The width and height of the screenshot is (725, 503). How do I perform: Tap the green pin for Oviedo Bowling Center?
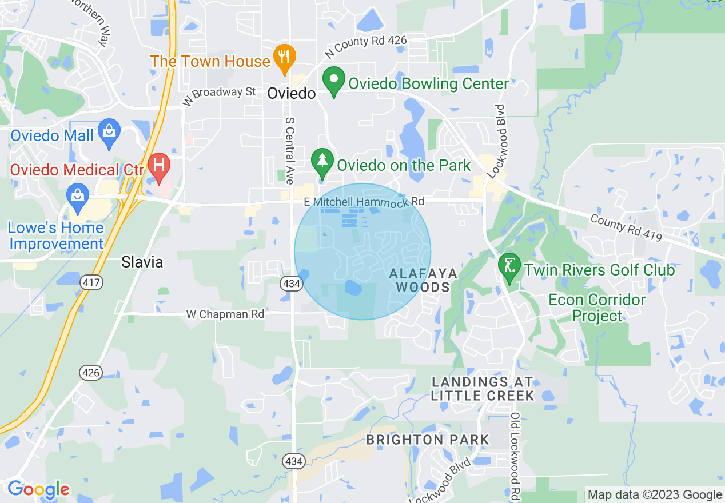(334, 82)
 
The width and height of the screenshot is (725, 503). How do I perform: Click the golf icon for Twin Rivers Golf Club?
(509, 266)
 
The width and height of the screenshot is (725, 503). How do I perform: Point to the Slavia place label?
(142, 262)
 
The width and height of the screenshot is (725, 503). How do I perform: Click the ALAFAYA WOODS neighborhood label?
(423, 280)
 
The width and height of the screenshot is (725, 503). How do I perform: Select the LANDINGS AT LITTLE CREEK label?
(483, 389)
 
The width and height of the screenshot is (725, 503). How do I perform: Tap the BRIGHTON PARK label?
(428, 440)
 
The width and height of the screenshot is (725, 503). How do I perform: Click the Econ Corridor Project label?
(597, 308)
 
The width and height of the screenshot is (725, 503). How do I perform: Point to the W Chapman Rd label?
(225, 314)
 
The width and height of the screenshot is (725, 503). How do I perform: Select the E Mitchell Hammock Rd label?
(364, 202)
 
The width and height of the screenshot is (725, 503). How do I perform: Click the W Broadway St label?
(220, 95)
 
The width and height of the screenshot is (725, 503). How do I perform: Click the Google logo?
(38, 490)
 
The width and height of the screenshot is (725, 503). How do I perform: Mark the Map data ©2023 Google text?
(655, 494)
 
